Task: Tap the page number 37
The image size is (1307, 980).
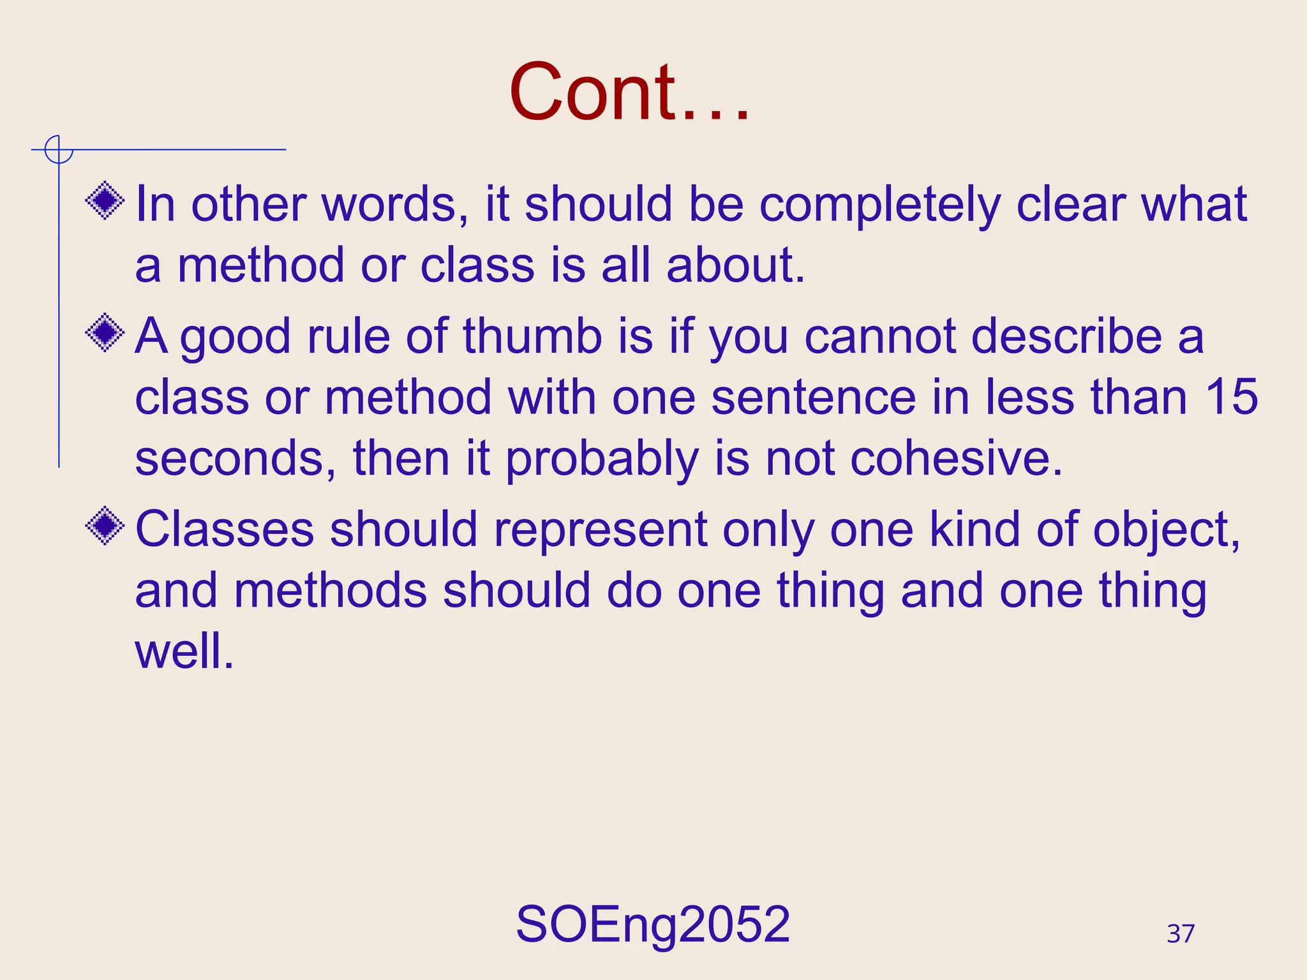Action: [x=1181, y=934]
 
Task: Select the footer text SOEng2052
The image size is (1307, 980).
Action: [x=653, y=924]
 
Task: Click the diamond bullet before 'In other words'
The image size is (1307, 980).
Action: [x=105, y=202]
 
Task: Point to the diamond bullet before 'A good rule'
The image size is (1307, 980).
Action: [x=105, y=332]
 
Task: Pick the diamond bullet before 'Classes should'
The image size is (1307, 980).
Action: [x=105, y=526]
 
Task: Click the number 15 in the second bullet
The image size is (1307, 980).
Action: [x=1231, y=397]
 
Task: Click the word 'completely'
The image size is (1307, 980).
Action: [x=879, y=205]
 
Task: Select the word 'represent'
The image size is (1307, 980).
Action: [x=601, y=530]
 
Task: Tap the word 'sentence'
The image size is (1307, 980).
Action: [x=814, y=397]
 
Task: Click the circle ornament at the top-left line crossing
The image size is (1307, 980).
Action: [x=59, y=151]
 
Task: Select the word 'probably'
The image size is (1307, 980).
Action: [x=602, y=459]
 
